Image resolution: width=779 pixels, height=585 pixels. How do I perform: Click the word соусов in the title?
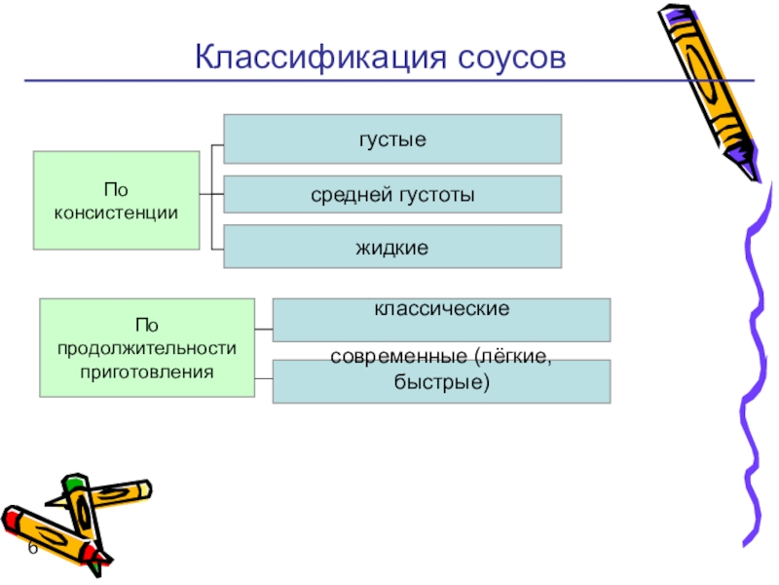coord(506,55)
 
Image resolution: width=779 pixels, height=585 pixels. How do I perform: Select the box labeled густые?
coord(392,138)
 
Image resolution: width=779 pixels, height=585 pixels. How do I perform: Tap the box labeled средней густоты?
coord(392,194)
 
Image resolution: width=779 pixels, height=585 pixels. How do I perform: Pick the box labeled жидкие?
coord(392,247)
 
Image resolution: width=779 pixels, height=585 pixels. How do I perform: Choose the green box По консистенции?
coord(116,200)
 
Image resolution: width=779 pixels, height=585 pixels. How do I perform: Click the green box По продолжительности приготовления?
coord(146,348)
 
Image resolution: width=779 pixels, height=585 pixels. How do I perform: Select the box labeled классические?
coord(441,320)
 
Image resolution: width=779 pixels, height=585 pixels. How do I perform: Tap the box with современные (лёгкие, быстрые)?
coord(441,381)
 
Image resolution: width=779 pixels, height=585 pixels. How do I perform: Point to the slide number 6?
coord(32,549)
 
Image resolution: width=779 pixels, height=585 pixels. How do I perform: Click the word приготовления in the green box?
coord(146,370)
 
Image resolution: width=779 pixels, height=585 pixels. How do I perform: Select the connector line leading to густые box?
coord(218,147)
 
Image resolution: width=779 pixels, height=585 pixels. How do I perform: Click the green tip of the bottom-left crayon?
coord(71,481)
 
